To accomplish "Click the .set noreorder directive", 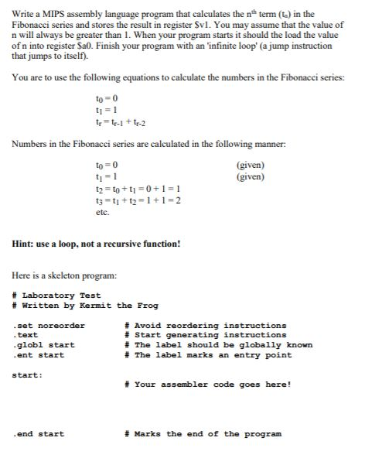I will coord(49,325).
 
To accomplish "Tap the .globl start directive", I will coord(43,345).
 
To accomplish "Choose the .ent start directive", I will coord(39,355).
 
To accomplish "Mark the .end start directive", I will coord(39,434).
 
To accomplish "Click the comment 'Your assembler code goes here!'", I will coord(210,385).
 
